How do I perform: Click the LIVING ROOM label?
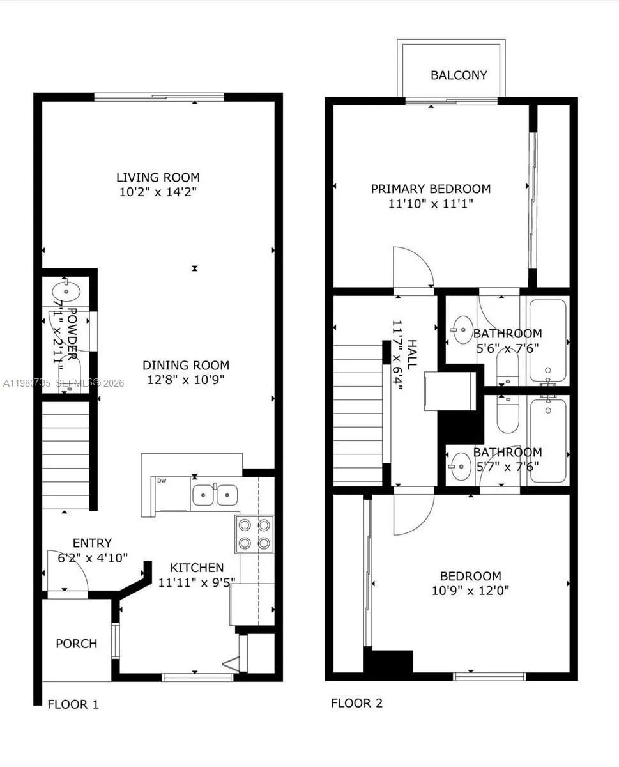tap(158, 177)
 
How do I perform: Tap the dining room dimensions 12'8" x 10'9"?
tap(185, 380)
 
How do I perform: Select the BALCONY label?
tap(459, 75)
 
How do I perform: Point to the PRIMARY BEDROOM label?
tap(431, 189)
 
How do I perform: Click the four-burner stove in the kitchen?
tap(254, 534)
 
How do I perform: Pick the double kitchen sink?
tap(215, 495)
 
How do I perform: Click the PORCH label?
tap(77, 643)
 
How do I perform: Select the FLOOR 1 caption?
tap(73, 704)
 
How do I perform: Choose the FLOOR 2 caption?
tap(356, 703)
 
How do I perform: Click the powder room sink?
tap(66, 291)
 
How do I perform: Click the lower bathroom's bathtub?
tap(547, 438)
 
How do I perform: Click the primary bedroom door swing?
tap(412, 268)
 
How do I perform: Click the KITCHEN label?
tap(197, 567)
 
